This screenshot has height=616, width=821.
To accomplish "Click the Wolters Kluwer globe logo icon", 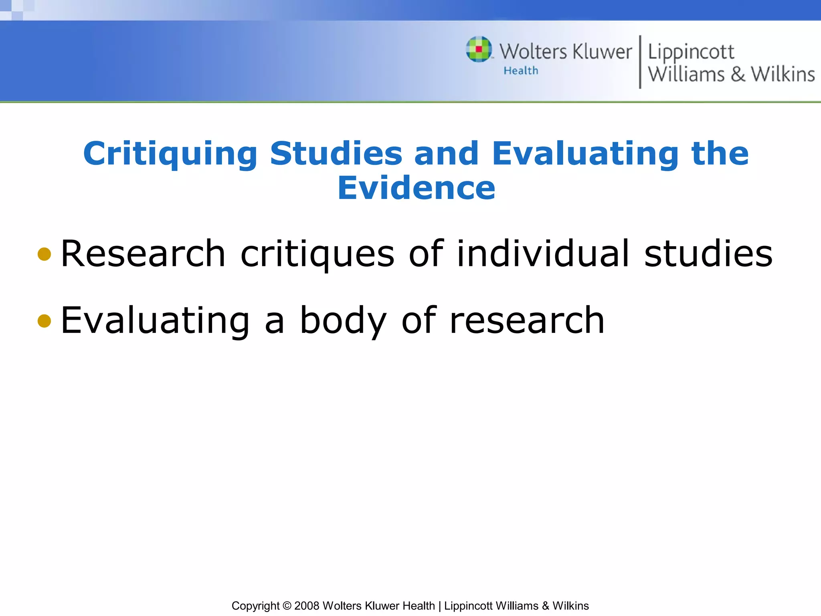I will tap(479, 49).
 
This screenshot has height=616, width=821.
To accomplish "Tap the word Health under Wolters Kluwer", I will tap(521, 71).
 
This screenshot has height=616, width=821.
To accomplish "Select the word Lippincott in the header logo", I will tap(691, 52).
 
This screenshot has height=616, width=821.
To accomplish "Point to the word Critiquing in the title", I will tap(170, 154).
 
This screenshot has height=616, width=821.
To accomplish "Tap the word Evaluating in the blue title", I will tap(585, 154).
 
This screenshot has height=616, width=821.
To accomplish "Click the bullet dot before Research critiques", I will tap(44, 254).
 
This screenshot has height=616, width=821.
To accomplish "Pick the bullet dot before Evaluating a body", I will tap(44, 320).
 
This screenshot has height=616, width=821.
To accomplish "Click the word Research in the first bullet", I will tap(143, 253).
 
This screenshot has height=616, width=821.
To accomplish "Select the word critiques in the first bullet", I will tap(317, 254).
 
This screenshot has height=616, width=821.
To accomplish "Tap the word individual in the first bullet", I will tap(543, 253).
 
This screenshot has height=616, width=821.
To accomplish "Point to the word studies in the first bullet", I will tap(708, 253).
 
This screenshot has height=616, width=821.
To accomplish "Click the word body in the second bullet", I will tap(343, 320).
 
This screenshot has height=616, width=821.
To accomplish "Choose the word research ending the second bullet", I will tap(527, 320).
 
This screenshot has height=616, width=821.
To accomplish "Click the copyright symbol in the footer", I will tap(287, 606).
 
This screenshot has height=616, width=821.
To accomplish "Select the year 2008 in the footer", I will tap(307, 606).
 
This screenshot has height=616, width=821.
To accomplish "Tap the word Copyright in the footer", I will tap(255, 606).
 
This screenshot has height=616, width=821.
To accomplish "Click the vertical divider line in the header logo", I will tap(640, 62).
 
